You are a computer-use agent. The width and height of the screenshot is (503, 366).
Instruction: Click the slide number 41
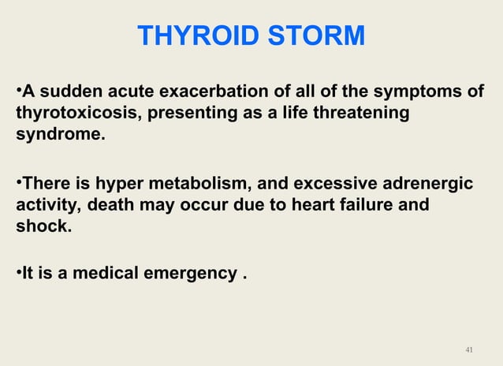470,349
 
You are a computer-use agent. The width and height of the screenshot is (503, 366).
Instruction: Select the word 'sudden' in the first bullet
66,92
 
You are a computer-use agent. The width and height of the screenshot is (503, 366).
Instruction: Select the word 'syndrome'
58,134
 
